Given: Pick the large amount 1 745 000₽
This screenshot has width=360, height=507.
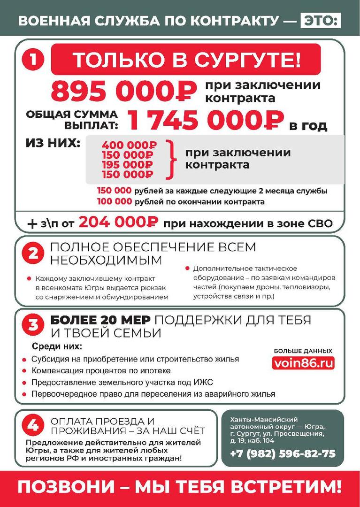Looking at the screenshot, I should [x=206, y=120].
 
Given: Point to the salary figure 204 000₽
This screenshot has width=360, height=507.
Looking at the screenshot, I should [x=118, y=223].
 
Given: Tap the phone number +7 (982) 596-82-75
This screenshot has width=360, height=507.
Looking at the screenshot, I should [x=283, y=453].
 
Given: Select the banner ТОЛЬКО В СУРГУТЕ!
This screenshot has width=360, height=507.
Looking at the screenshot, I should [x=186, y=60].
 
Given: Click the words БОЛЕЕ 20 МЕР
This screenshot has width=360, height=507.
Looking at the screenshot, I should [x=100, y=320].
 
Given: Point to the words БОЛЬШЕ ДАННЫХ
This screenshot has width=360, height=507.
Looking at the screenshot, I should [x=303, y=351].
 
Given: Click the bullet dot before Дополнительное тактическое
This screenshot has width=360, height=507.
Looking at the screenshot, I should [x=187, y=269].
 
